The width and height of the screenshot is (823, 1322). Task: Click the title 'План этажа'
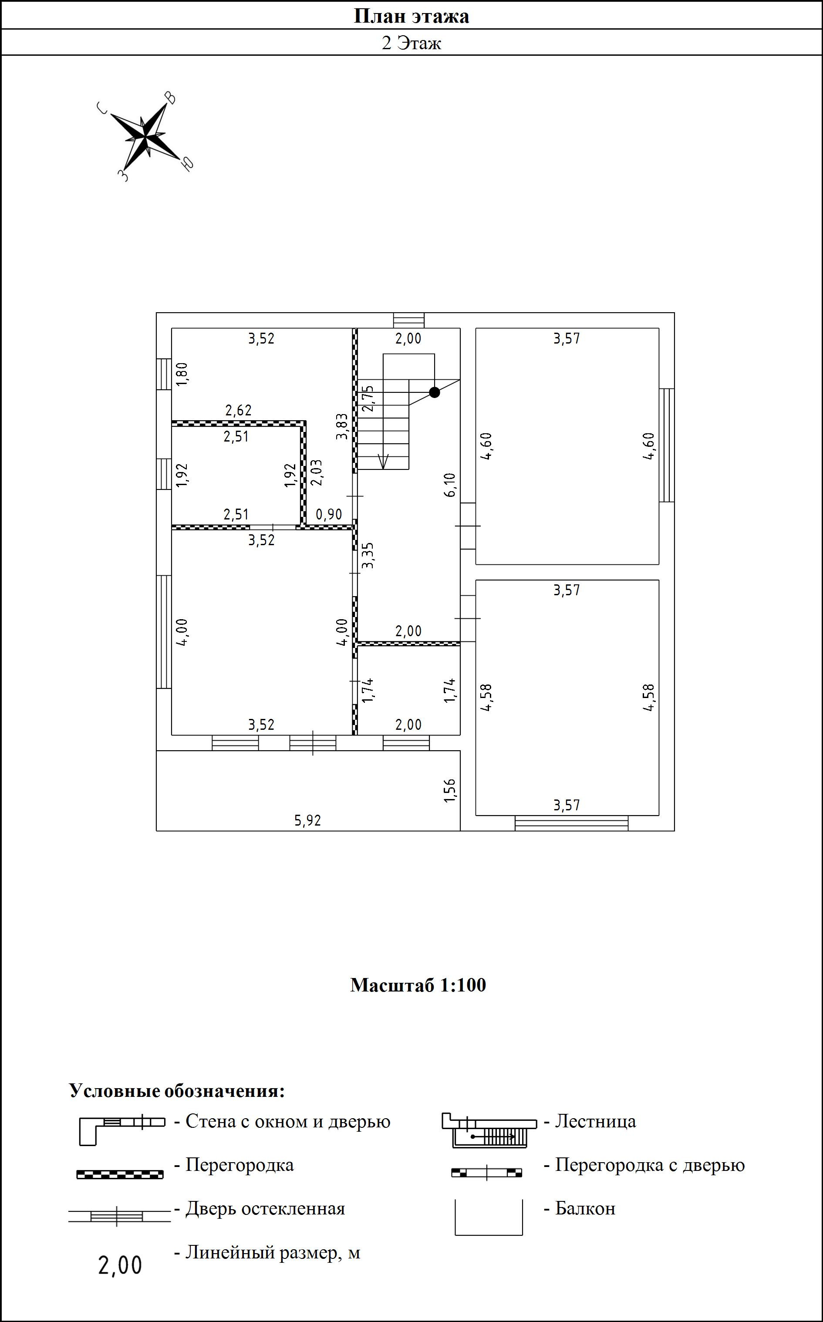pyautogui.click(x=411, y=16)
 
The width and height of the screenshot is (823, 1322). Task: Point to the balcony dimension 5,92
pyautogui.click(x=308, y=820)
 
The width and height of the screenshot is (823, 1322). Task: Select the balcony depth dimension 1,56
pyautogui.click(x=449, y=790)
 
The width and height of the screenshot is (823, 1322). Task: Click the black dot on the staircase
pyautogui.click(x=435, y=392)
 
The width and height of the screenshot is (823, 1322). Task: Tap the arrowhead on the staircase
pyautogui.click(x=383, y=462)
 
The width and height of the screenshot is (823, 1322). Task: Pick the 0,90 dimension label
pyautogui.click(x=329, y=514)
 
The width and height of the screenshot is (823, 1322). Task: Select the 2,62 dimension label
pyautogui.click(x=239, y=410)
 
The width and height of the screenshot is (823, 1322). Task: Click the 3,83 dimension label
pyautogui.click(x=342, y=427)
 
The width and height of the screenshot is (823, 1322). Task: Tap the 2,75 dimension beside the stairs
pyautogui.click(x=368, y=398)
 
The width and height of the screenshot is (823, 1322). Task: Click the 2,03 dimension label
pyautogui.click(x=316, y=472)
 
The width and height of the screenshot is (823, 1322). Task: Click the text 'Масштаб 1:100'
pyautogui.click(x=418, y=985)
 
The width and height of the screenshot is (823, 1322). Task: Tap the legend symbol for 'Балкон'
pyautogui.click(x=488, y=1217)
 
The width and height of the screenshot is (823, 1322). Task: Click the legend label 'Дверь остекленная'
pyautogui.click(x=265, y=1208)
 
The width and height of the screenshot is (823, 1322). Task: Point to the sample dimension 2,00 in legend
pyautogui.click(x=120, y=1265)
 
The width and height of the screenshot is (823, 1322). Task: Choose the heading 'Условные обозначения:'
pyautogui.click(x=177, y=1090)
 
